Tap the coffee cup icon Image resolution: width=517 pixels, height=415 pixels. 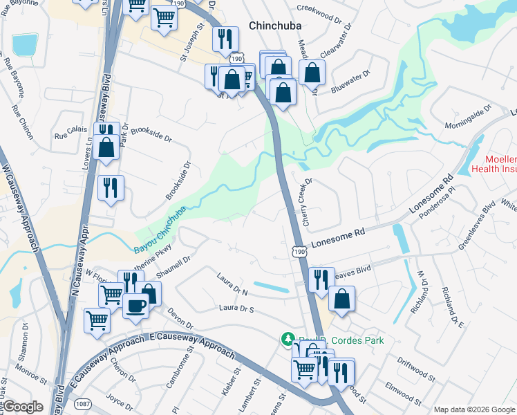(135, 305)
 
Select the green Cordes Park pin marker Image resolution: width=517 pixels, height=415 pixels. (287, 339)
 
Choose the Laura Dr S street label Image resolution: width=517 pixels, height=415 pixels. (237, 308)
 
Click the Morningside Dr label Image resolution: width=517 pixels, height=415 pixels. (468, 117)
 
